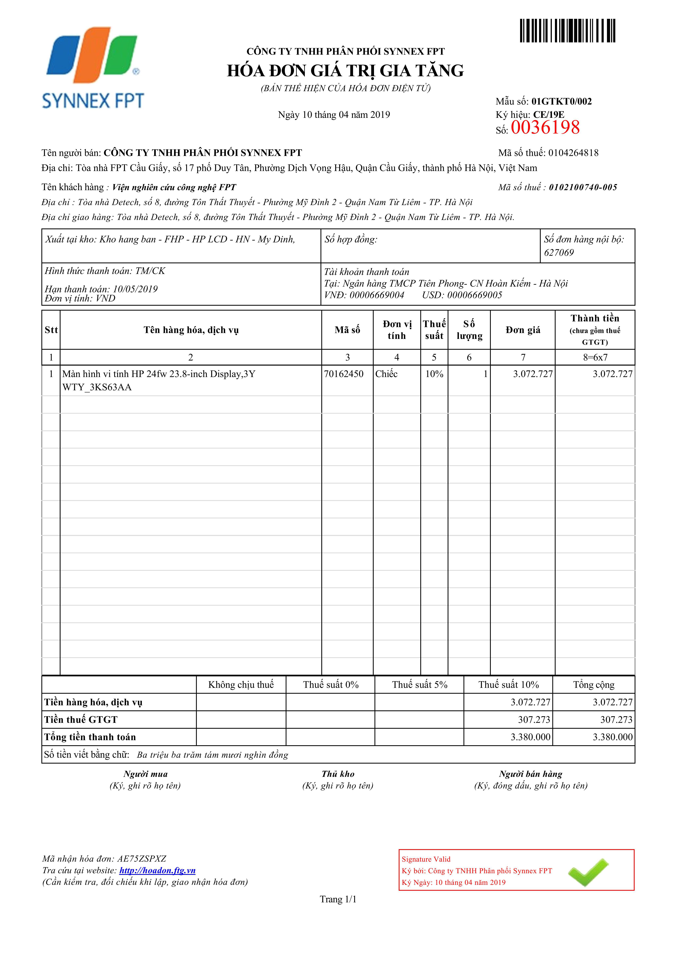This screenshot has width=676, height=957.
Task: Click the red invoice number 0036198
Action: pyautogui.click(x=545, y=127)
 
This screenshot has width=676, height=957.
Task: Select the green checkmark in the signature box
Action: pyautogui.click(x=588, y=872)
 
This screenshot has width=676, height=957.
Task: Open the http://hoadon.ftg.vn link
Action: pyautogui.click(x=157, y=870)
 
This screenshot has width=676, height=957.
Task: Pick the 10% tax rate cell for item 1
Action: pyautogui.click(x=434, y=374)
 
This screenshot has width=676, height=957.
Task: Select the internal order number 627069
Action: pyautogui.click(x=559, y=253)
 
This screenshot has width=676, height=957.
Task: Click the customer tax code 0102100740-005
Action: pyautogui.click(x=583, y=188)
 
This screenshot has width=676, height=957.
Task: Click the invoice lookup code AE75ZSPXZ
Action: pyautogui.click(x=142, y=859)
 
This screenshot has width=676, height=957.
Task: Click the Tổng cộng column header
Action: pyautogui.click(x=594, y=685)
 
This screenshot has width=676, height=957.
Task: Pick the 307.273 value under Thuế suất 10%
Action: pyautogui.click(x=534, y=720)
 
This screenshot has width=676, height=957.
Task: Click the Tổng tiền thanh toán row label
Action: pyautogui.click(x=90, y=737)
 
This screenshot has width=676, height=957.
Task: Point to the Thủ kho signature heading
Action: pyautogui.click(x=338, y=774)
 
